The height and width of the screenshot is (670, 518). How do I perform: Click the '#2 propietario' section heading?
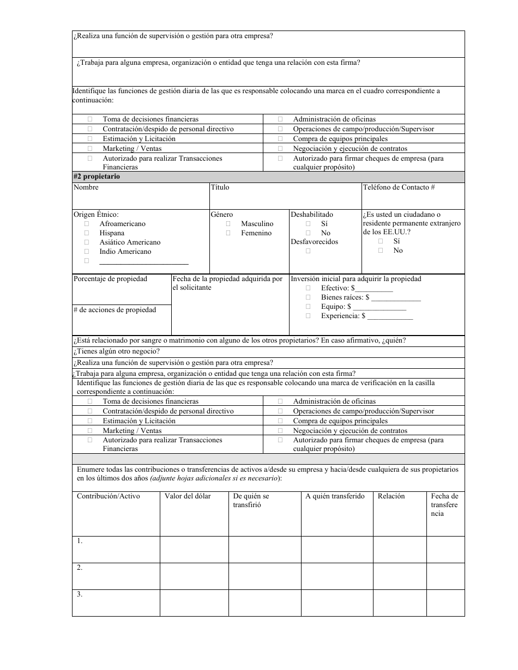[97, 177]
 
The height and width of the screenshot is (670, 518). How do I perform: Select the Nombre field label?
[86, 187]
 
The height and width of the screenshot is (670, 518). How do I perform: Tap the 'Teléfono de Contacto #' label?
[398, 187]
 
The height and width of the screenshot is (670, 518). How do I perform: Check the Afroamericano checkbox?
[87, 224]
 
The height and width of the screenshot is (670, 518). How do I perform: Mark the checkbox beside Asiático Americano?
[87, 242]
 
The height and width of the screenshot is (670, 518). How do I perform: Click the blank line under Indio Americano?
[144, 261]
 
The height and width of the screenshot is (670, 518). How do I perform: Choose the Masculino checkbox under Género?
[228, 224]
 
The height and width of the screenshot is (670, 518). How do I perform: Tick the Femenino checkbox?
[228, 233]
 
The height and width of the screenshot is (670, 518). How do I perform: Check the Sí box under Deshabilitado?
[308, 224]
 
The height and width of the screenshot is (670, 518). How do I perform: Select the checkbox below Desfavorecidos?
[308, 251]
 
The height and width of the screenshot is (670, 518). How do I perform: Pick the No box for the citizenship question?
[381, 251]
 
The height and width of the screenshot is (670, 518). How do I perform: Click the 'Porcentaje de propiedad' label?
[110, 279]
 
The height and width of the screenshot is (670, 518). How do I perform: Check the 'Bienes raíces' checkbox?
[308, 297]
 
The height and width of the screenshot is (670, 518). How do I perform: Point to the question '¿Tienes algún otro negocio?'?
[116, 352]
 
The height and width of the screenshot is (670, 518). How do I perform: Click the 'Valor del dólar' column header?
[188, 496]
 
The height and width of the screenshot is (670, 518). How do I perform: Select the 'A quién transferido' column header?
[335, 496]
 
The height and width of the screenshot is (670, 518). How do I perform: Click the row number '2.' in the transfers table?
[80, 568]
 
